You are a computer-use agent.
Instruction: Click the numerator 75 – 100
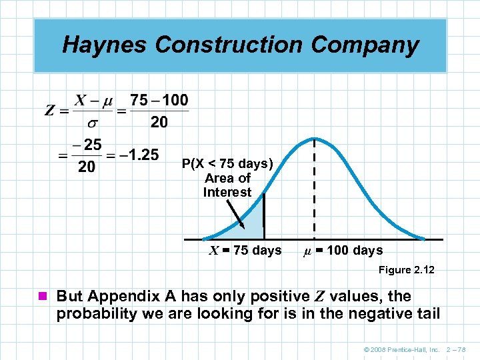coord(159,100)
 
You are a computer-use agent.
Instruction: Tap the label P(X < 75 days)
coord(227,164)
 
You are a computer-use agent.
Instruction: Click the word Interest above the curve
coord(227,193)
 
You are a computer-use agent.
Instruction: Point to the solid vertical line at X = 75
coord(264,217)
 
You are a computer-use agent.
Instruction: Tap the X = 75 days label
coord(245,251)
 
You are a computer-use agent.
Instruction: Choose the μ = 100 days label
coord(343,251)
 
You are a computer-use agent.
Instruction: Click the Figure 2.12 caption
coord(406,270)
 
